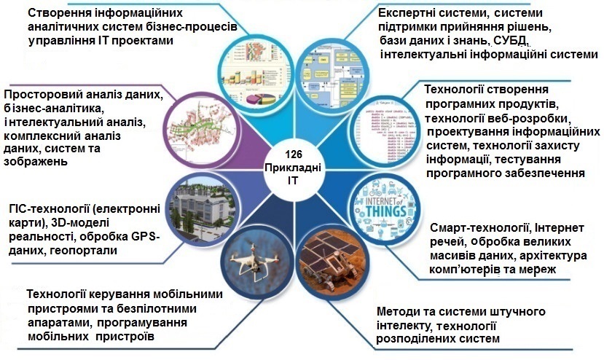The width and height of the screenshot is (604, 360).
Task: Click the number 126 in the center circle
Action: tap(294, 154)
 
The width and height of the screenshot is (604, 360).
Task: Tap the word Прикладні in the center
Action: tap(293, 168)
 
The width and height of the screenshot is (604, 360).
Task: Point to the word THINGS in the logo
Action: tap(386, 211)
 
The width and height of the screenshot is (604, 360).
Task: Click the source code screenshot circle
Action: tap(386, 132)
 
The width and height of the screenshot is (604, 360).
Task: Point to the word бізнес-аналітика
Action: tap(54, 109)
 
